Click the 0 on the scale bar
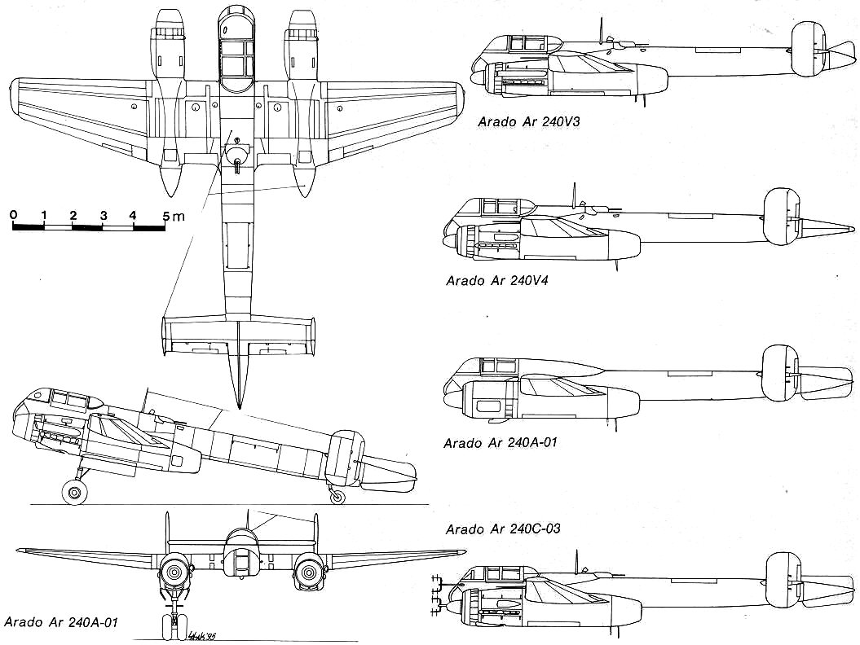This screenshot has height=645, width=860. [14, 215]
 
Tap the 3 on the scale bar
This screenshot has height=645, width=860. [104, 215]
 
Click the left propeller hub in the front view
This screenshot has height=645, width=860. [174, 573]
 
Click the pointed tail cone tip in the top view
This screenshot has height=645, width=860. [239, 405]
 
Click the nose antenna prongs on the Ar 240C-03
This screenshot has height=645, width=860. [438, 594]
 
